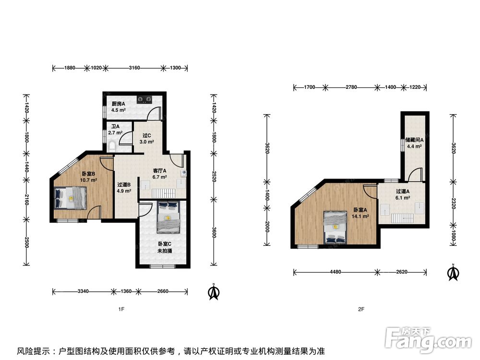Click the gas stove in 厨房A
click(144, 99)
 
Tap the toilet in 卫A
click(112, 146)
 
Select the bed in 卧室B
click(71, 198)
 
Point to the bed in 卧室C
click(168, 216)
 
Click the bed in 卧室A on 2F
click(336, 228)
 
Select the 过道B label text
click(124, 185)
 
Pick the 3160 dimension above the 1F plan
click(134, 68)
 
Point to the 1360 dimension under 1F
click(126, 291)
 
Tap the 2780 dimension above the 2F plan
click(351, 87)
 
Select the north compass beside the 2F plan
click(454, 272)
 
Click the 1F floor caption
click(121, 309)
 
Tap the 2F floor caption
click(361, 309)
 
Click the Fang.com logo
click(428, 340)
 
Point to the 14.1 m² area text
click(360, 216)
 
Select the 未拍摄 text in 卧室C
click(165, 251)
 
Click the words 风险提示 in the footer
click(34, 351)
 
